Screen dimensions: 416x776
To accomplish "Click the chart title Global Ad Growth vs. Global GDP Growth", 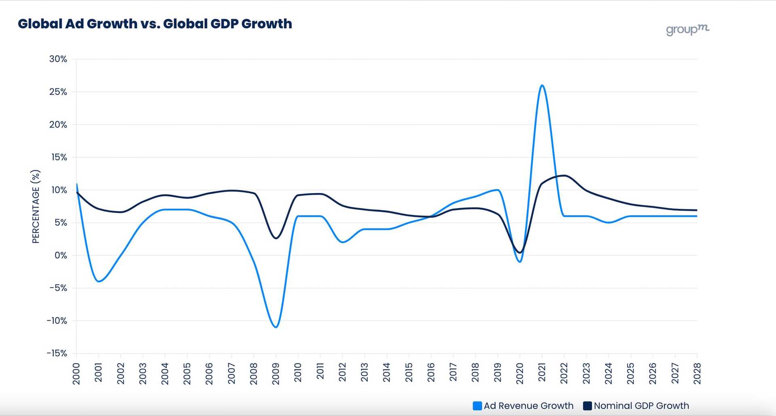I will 155,24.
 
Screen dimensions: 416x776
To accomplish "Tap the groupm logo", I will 687,29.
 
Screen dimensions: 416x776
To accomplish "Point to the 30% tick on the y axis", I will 58,59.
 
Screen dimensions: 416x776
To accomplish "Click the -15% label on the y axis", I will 57,353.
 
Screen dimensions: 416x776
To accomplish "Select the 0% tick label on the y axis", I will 61,255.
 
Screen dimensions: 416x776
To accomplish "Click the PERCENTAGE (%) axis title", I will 36,206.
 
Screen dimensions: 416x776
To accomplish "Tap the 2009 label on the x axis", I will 276,374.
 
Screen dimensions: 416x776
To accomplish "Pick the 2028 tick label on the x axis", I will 697,374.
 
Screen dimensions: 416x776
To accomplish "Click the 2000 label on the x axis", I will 76,374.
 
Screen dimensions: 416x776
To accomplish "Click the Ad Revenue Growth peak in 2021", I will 542,85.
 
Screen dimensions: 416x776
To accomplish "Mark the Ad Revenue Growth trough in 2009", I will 276,327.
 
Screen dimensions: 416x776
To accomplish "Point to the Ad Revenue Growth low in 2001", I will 99,281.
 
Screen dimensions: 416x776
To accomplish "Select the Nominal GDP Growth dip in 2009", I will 276,238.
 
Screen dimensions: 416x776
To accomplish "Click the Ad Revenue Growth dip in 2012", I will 343,242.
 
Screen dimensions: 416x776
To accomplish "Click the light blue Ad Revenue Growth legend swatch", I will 477,406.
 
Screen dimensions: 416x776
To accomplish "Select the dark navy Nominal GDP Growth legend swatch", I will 587,406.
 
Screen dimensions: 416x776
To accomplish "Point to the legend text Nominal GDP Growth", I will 641,406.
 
